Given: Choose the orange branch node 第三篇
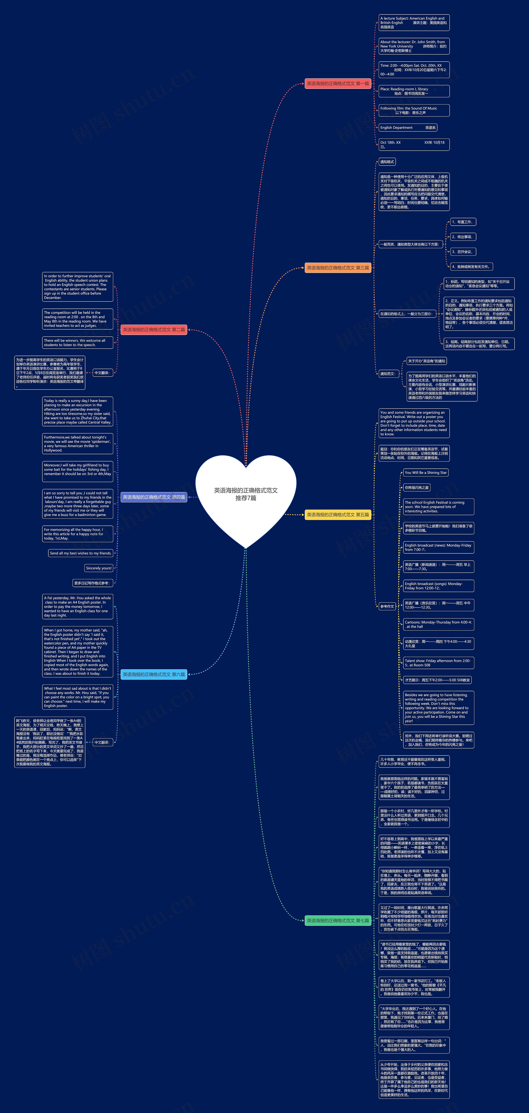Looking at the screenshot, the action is [337, 268].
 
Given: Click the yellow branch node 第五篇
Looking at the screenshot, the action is [337, 515].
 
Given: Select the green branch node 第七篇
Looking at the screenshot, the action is [337, 921].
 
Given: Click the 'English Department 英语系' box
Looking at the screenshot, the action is [407, 128].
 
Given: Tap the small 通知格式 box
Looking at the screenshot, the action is [387, 162].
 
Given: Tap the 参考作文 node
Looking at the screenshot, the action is [387, 607].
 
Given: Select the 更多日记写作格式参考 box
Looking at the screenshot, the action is [93, 583].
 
